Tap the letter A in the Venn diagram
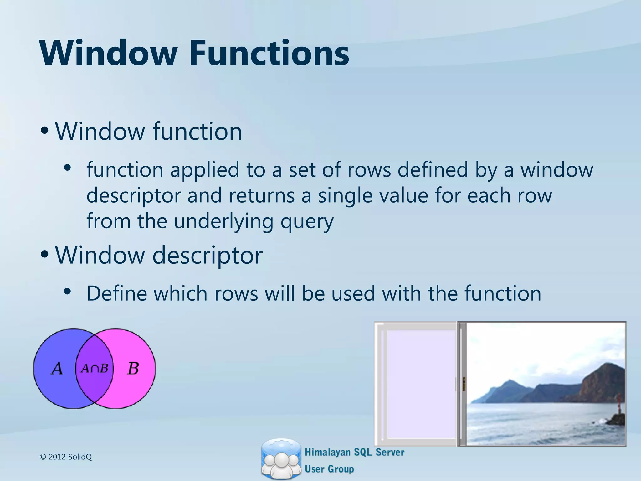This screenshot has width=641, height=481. click(x=57, y=369)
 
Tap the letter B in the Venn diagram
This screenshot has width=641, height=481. click(x=133, y=369)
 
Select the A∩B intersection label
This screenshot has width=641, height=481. click(x=94, y=368)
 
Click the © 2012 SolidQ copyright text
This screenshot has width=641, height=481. click(x=66, y=457)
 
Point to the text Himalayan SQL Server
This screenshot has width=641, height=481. click(x=354, y=452)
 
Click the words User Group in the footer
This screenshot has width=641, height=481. click(x=329, y=469)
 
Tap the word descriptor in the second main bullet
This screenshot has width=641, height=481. click(x=207, y=255)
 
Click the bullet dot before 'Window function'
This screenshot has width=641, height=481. click(x=45, y=131)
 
